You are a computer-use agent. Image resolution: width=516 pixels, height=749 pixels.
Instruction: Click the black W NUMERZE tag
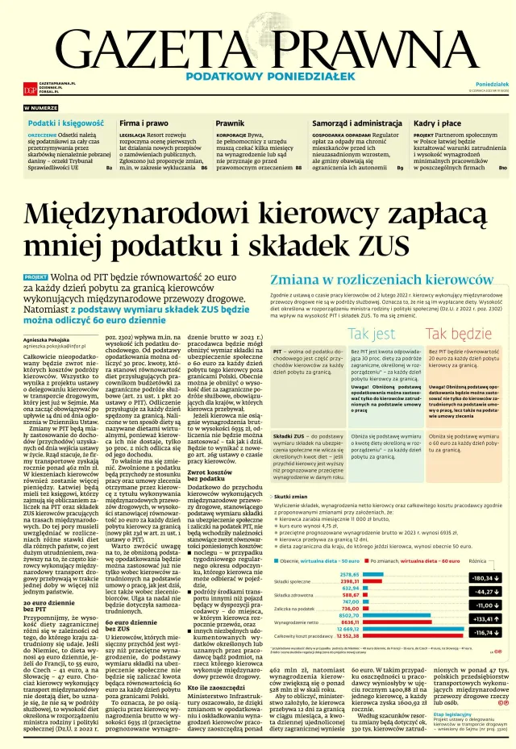click(x=40, y=107)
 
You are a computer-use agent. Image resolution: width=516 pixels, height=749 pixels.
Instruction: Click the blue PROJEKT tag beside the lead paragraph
click(x=35, y=277)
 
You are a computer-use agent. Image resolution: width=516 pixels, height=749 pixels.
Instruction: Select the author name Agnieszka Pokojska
click(x=54, y=340)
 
